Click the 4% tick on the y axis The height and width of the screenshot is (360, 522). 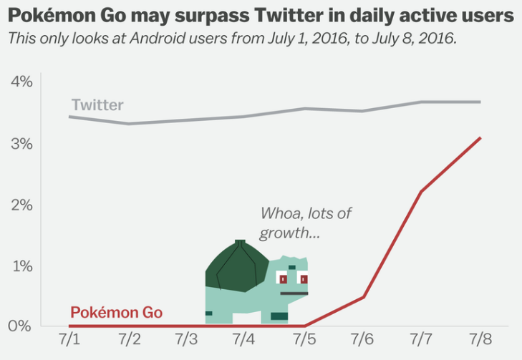coord(22,82)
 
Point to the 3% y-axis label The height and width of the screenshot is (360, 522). coord(22,143)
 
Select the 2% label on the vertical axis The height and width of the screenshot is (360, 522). coord(22,205)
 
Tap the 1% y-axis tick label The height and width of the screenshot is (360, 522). coord(22,266)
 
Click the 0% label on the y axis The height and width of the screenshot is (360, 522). coord(22,326)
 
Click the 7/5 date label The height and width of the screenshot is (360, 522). coord(304,339)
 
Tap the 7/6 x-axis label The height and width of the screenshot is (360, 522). coord(363,339)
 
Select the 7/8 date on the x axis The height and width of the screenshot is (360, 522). coord(480,339)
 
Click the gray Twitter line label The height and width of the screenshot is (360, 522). coord(97,105)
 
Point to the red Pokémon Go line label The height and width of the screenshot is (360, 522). coord(116,313)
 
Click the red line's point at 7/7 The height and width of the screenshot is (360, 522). coord(421,191)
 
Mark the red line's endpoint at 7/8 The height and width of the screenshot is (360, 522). coord(480,137)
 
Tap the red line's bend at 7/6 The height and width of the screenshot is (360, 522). coord(363,296)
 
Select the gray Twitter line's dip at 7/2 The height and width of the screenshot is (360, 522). coord(130,124)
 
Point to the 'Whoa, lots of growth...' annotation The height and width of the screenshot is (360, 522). coord(306,223)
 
